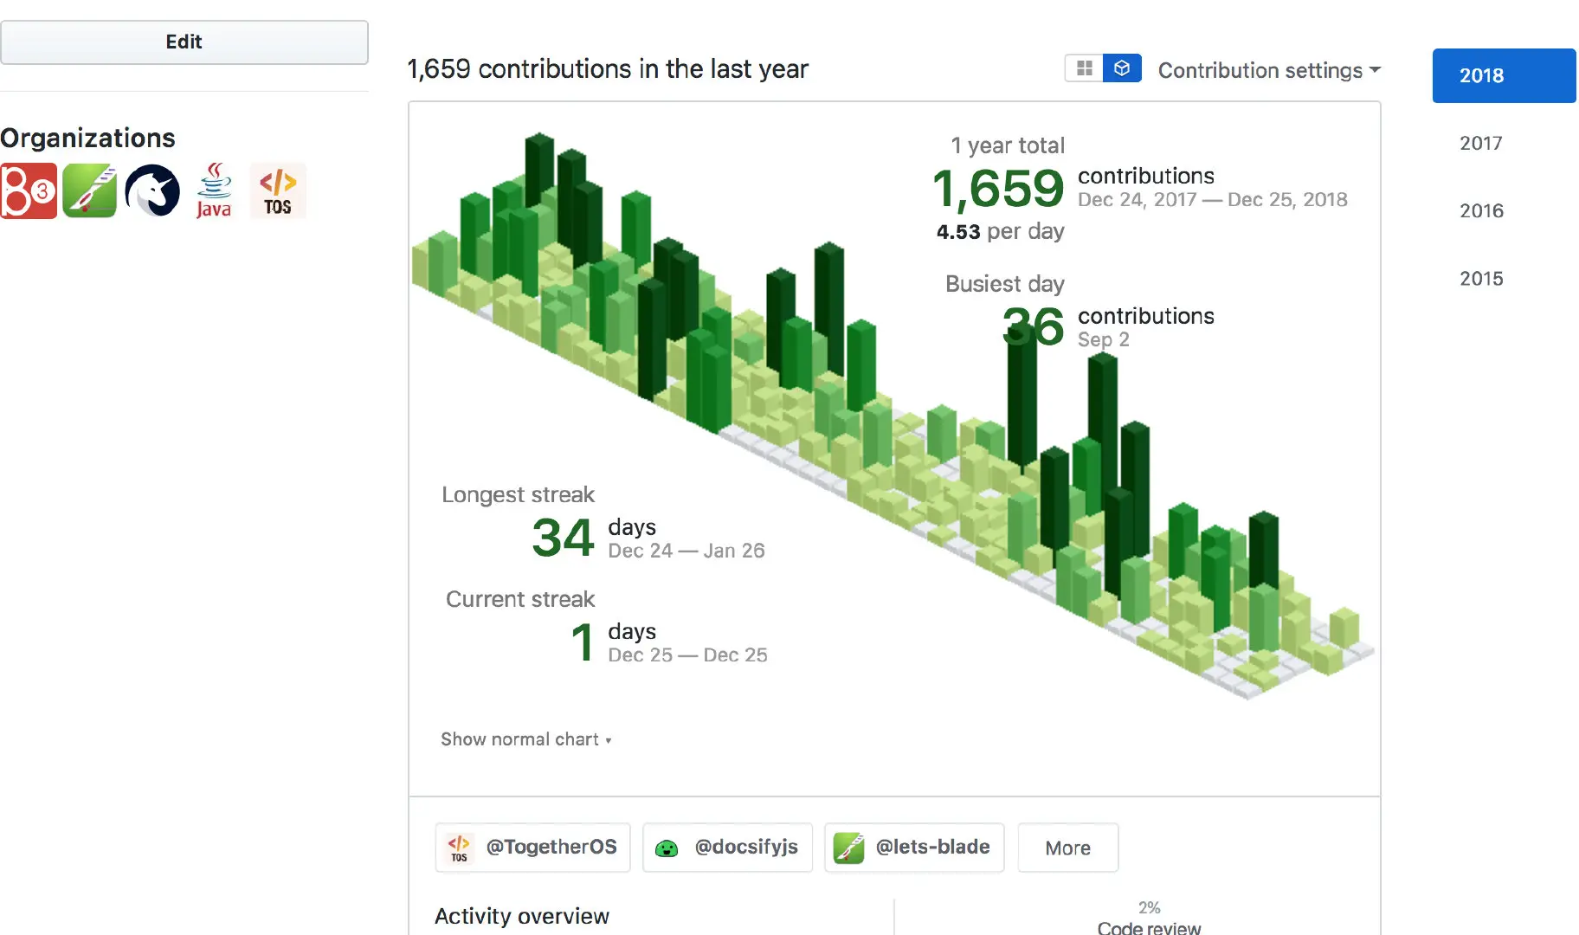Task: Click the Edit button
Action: [x=184, y=42]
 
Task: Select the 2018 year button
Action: [x=1503, y=75]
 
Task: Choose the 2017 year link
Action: [x=1480, y=143]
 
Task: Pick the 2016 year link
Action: [x=1480, y=210]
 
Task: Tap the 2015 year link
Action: [x=1480, y=278]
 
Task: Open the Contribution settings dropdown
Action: [x=1268, y=70]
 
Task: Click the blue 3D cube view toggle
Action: [x=1122, y=68]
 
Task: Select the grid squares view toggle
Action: [x=1084, y=68]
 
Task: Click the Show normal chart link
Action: [x=525, y=739]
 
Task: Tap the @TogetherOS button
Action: [x=532, y=847]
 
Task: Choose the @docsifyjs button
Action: [x=727, y=847]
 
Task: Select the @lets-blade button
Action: [x=914, y=847]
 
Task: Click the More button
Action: [x=1067, y=848]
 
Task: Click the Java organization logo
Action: [x=214, y=190]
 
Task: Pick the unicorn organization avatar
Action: [x=152, y=190]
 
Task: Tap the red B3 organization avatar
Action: [x=29, y=190]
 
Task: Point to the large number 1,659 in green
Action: [x=997, y=188]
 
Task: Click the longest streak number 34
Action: [x=563, y=537]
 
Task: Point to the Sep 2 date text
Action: [x=1103, y=339]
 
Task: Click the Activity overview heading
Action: [x=521, y=916]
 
